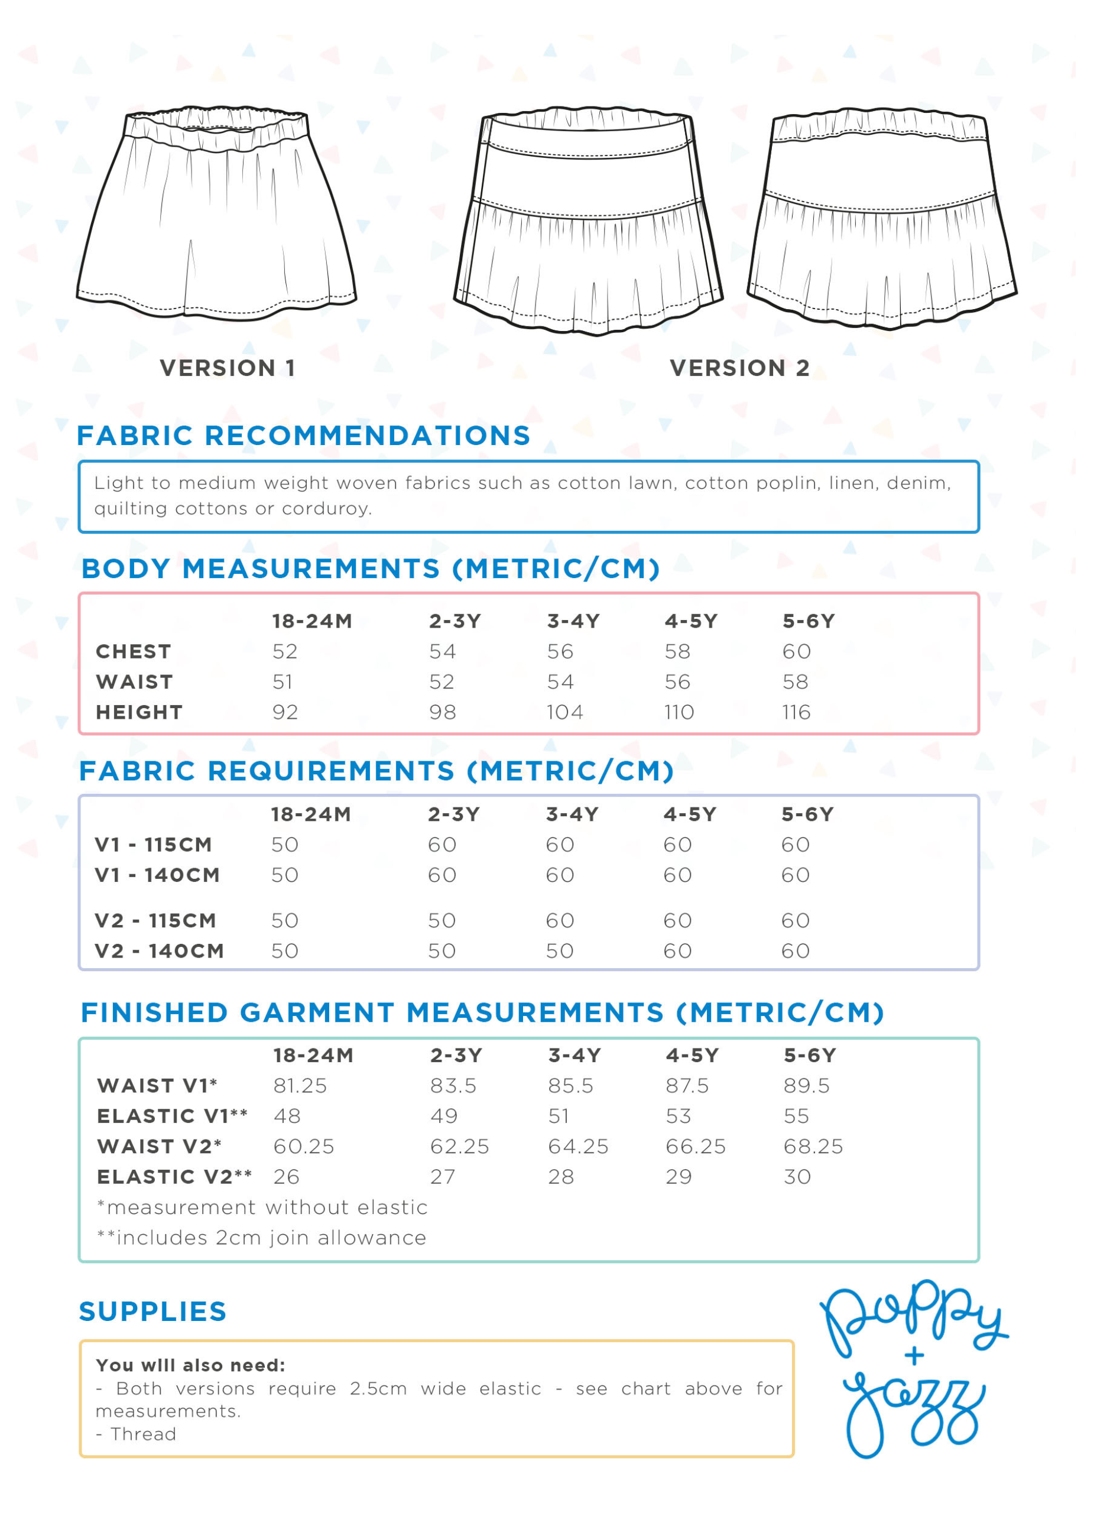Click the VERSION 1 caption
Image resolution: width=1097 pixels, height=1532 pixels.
[x=227, y=368]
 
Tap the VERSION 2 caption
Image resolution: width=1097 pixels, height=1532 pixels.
[x=739, y=368]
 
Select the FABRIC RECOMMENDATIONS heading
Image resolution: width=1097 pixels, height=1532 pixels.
[x=303, y=436]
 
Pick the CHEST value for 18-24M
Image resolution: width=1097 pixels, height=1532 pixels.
[x=284, y=651]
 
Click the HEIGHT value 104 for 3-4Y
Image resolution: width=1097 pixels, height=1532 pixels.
[x=564, y=712]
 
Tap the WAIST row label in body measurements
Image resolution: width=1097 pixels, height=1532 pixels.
[x=134, y=681]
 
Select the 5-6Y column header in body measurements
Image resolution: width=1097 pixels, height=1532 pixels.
[x=809, y=621]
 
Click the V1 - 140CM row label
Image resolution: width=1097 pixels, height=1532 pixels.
[x=157, y=875]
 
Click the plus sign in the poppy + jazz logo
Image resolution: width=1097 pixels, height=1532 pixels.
[x=914, y=1356]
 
